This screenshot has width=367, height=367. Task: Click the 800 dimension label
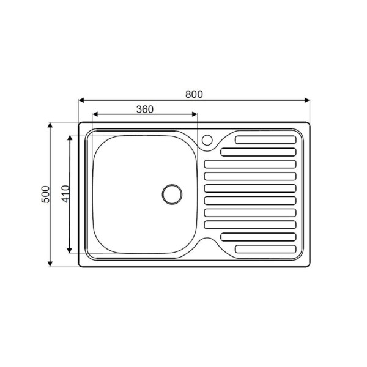tap(194, 94)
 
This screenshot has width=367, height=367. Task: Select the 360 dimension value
tap(145, 109)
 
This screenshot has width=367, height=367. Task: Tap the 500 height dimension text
tap(46, 195)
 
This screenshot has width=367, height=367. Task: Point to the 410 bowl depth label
tap(65, 194)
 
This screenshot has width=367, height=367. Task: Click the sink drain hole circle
tap(172, 195)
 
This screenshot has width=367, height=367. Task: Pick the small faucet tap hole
tap(207, 140)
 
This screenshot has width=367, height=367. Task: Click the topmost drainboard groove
tap(265, 139)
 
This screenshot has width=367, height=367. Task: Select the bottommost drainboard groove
tap(265, 249)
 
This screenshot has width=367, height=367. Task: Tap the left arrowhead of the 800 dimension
tap(81, 100)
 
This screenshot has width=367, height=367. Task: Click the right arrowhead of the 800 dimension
tap(307, 100)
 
